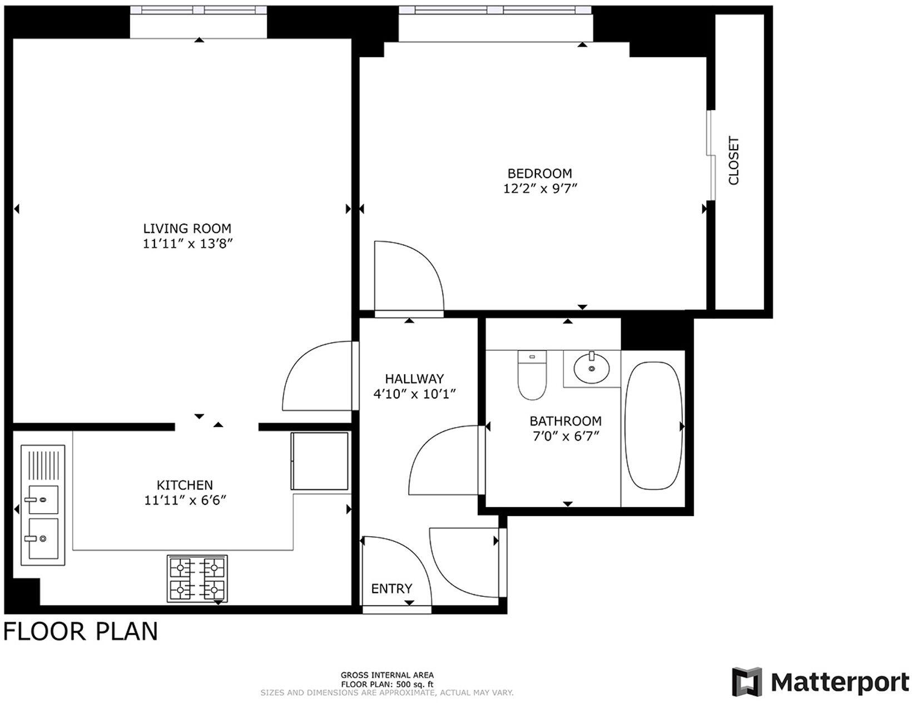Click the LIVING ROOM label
(x=187, y=228)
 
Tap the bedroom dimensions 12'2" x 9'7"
(x=540, y=189)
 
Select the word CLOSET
(x=733, y=161)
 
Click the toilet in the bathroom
(x=532, y=375)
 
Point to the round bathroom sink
(x=591, y=368)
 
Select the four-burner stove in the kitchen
(x=197, y=578)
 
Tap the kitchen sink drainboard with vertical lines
(x=43, y=464)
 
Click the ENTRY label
(x=391, y=588)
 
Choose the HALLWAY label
(x=414, y=379)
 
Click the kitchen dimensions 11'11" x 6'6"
(x=185, y=500)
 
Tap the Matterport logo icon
(x=747, y=681)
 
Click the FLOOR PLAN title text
(x=81, y=631)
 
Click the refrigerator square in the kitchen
(x=320, y=461)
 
